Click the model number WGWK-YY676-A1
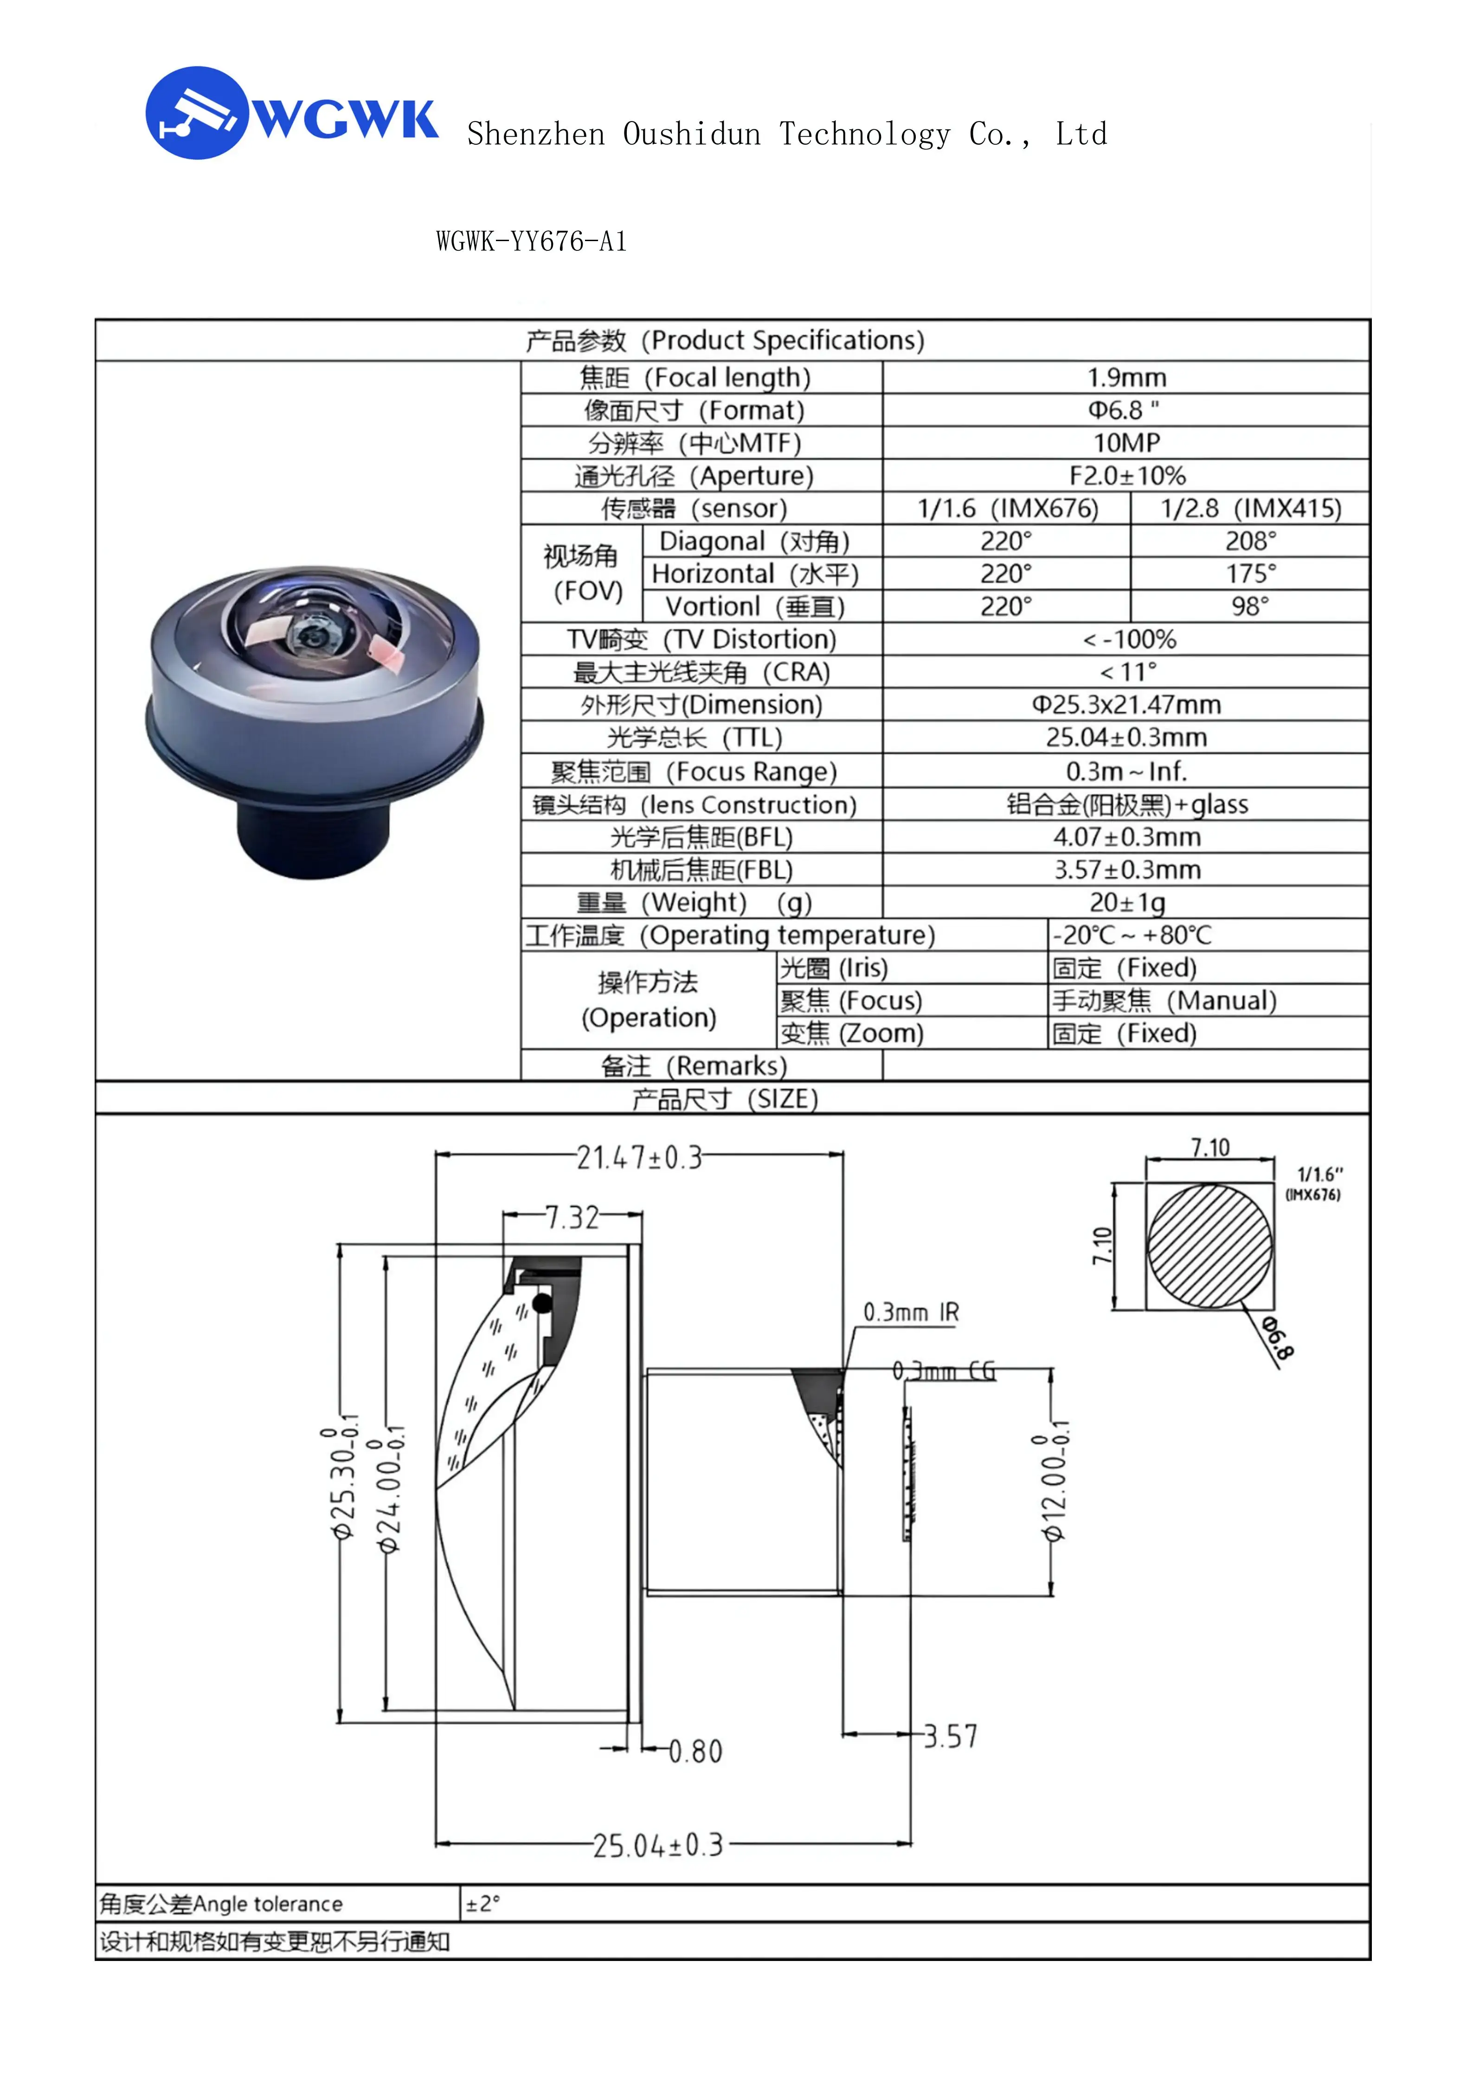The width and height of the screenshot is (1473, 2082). pos(532,242)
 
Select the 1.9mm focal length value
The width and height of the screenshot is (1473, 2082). pos(1126,377)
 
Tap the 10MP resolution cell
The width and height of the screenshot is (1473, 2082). pos(1126,442)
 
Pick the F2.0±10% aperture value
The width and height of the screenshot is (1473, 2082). pos(1126,475)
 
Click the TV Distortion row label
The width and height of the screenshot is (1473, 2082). pos(701,639)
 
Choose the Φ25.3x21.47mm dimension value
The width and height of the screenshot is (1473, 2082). pos(1126,704)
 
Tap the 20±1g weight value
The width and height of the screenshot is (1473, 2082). pos(1126,902)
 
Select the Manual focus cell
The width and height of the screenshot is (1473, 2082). pos(1164,1000)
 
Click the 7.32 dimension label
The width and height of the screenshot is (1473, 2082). pos(572,1217)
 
